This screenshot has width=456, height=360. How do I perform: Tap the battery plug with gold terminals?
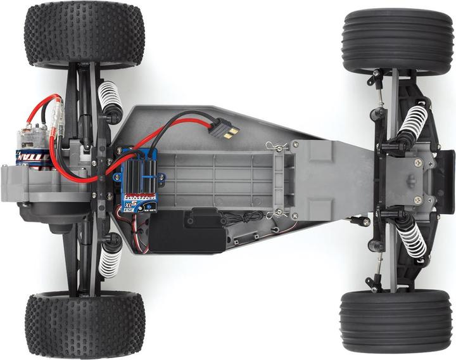coord(229,132)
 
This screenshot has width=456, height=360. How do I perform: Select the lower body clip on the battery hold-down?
coord(274,215)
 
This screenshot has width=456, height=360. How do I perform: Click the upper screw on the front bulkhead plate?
coord(417,163)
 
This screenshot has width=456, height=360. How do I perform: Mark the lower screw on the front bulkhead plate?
coord(417,200)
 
